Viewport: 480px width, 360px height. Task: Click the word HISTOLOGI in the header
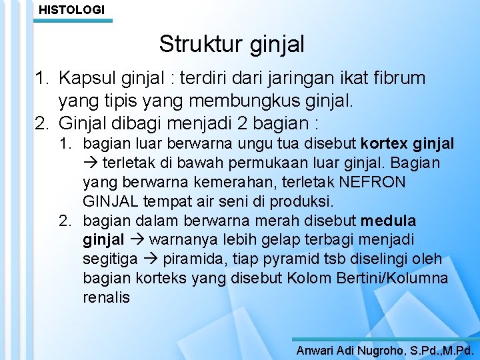tap(71, 9)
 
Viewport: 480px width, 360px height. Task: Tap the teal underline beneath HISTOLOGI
tap(73, 21)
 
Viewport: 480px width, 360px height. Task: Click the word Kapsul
tap(83, 79)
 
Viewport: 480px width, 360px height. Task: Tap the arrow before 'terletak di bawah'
tap(89, 163)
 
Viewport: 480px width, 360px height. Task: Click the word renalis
tap(107, 297)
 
